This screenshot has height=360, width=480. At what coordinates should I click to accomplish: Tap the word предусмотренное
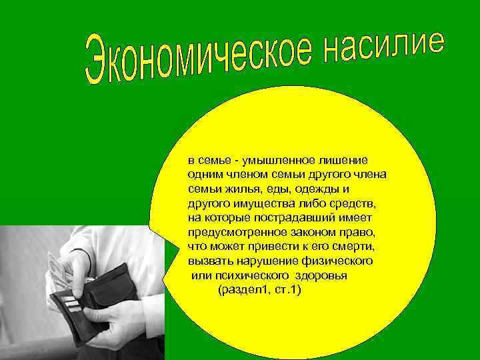click(235, 231)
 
